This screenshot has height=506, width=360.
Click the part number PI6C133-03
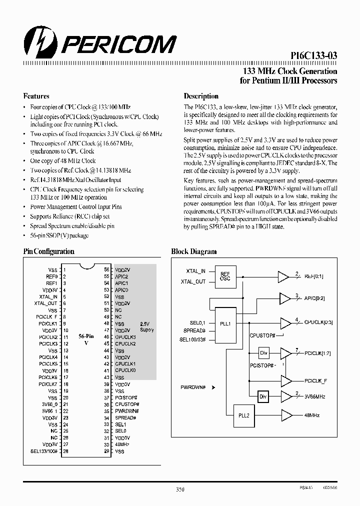point(313,57)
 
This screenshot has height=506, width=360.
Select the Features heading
point(36,96)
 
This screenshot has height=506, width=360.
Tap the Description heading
point(201,96)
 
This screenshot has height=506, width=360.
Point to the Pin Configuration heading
point(48,251)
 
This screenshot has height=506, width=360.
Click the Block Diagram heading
point(194,251)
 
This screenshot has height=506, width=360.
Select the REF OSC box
point(225,276)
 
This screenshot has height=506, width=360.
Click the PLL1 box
point(225,323)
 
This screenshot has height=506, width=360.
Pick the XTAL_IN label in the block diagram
point(195,270)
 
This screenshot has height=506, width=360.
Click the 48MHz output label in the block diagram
point(311,415)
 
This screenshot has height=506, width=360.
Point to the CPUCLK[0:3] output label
point(318,322)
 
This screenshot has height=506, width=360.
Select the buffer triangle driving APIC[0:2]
point(285,298)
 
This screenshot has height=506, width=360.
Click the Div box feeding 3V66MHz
point(263,396)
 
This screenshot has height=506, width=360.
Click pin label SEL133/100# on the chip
point(44,451)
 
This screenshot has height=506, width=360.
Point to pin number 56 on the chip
point(106,269)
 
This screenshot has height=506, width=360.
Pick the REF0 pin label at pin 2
point(52,276)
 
